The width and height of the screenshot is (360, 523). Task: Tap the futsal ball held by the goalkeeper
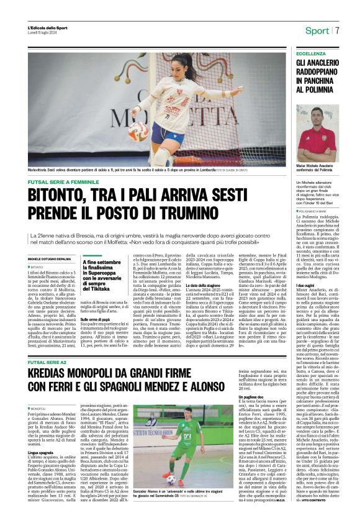click(138, 130)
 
